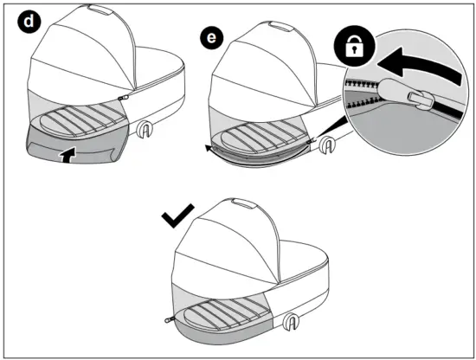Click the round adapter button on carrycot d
(146, 131)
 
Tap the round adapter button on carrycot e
(325, 145)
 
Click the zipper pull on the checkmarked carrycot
(170, 318)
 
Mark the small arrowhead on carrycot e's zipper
(209, 149)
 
